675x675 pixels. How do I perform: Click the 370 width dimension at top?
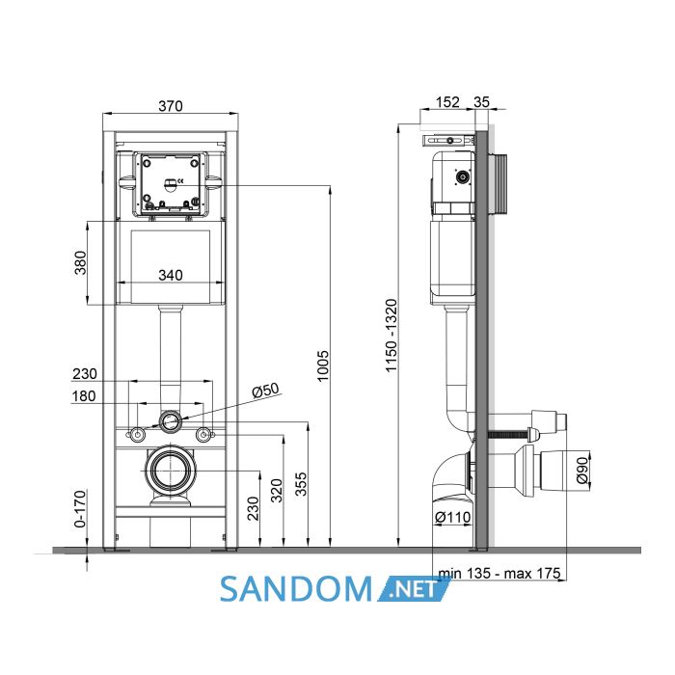click(171, 106)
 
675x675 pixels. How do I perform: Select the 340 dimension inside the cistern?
click(171, 275)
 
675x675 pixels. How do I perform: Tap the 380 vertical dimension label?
click(80, 262)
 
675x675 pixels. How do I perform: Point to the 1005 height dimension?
click(322, 365)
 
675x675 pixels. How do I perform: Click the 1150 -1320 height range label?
click(391, 336)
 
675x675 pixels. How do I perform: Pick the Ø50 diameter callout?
click(265, 390)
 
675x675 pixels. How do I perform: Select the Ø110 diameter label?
click(453, 517)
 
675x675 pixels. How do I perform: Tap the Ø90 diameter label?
click(582, 470)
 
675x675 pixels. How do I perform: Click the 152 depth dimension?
click(447, 102)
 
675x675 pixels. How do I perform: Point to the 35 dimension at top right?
click(482, 102)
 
